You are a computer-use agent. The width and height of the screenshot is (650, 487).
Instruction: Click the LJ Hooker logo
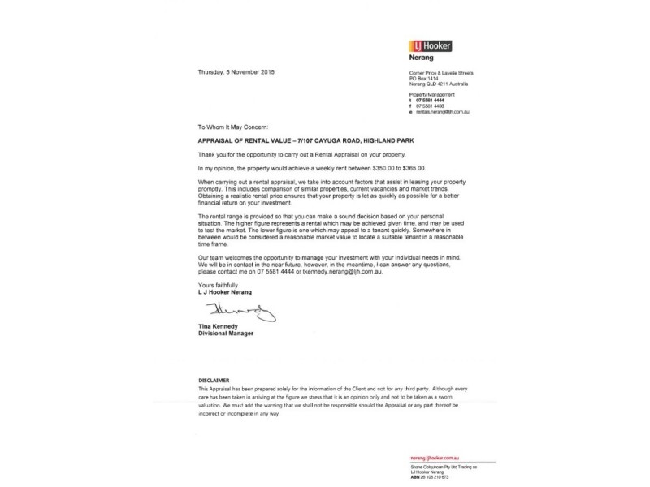tap(431, 47)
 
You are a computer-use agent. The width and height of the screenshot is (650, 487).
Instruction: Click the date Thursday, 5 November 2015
tap(236, 73)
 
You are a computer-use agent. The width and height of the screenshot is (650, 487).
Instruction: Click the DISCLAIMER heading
tap(215, 380)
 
